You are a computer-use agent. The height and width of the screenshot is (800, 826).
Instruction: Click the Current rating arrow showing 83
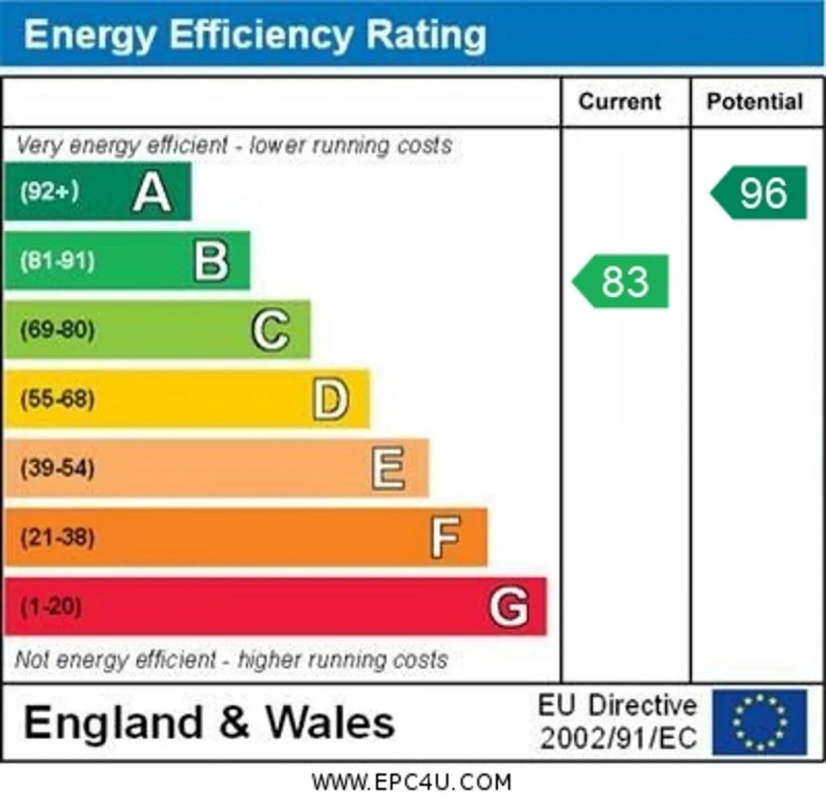pyautogui.click(x=621, y=282)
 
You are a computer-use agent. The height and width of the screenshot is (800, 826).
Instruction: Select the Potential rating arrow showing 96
pyautogui.click(x=758, y=193)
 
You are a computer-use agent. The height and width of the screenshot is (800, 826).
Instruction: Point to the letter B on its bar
pyautogui.click(x=212, y=261)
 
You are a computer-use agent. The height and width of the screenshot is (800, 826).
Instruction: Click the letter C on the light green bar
pyautogui.click(x=271, y=330)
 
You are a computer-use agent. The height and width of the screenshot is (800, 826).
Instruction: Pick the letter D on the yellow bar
pyautogui.click(x=331, y=400)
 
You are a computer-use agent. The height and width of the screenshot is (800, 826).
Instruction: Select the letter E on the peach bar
pyautogui.click(x=388, y=469)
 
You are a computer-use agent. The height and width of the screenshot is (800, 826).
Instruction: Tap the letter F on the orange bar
pyautogui.click(x=445, y=538)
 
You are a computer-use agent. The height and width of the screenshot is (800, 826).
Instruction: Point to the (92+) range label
pyautogui.click(x=49, y=191)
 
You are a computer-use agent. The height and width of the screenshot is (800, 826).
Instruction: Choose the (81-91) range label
pyautogui.click(x=57, y=260)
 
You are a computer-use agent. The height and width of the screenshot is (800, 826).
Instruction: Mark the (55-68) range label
pyautogui.click(x=57, y=399)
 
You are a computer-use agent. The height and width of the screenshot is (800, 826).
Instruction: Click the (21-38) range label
pyautogui.click(x=57, y=538)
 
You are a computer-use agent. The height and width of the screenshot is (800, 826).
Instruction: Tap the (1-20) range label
pyautogui.click(x=50, y=607)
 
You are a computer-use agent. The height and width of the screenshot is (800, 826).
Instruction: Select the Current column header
pyautogui.click(x=620, y=102)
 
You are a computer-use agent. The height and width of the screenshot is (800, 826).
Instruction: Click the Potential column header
pyautogui.click(x=755, y=102)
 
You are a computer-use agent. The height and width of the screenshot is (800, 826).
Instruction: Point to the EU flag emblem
pyautogui.click(x=760, y=723)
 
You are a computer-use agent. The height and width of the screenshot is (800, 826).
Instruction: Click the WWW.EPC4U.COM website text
pyautogui.click(x=412, y=782)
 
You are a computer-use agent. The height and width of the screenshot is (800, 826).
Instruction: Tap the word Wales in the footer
pyautogui.click(x=330, y=723)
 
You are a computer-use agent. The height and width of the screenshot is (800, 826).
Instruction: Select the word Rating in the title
pyautogui.click(x=426, y=35)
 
